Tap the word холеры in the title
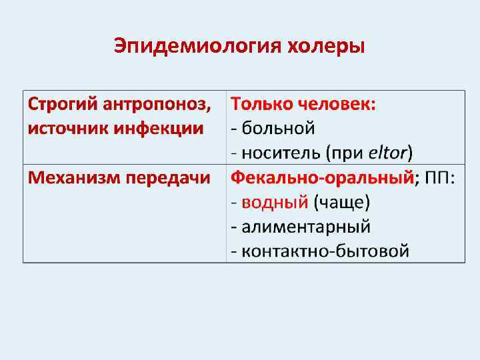click(326, 47)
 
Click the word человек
click(337, 104)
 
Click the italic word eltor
click(387, 153)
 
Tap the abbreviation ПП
click(438, 178)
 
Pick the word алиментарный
click(306, 227)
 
